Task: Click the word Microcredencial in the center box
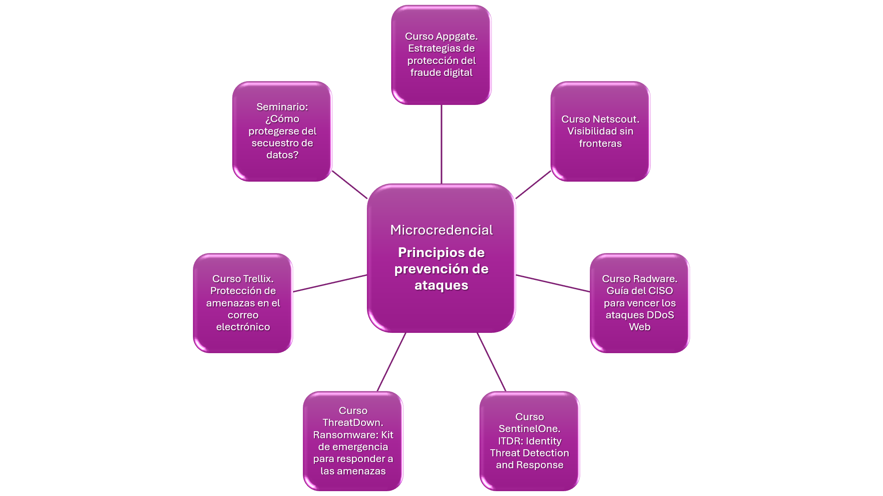(x=441, y=230)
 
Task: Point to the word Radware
(x=656, y=279)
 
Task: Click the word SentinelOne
(x=529, y=429)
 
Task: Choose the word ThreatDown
(x=353, y=422)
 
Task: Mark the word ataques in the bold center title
(x=441, y=285)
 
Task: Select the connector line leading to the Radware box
(x=553, y=283)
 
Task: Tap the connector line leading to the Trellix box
(x=330, y=283)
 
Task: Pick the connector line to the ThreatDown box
(x=391, y=362)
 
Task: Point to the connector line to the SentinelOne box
(x=491, y=362)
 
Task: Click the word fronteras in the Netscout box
(x=600, y=143)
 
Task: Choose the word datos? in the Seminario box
(x=282, y=155)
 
